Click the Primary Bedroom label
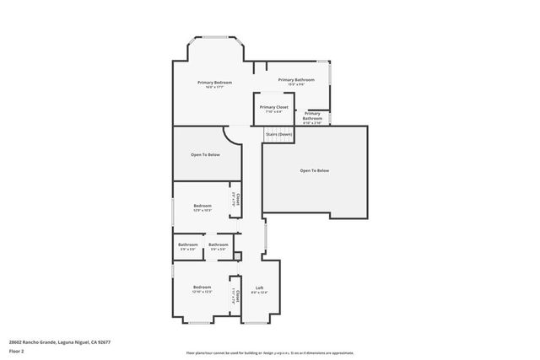(214, 83)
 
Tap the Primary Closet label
(273, 108)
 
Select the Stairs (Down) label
(278, 134)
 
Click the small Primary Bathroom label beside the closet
(312, 116)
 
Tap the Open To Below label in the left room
(205, 154)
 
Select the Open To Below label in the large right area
(314, 170)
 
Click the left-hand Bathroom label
(187, 245)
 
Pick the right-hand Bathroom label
(218, 245)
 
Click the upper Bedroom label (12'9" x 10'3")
(202, 207)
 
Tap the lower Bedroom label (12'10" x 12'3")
(202, 288)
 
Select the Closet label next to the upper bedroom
(237, 200)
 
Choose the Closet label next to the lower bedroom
(237, 294)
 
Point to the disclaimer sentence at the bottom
(270, 352)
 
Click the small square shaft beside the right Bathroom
(238, 255)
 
